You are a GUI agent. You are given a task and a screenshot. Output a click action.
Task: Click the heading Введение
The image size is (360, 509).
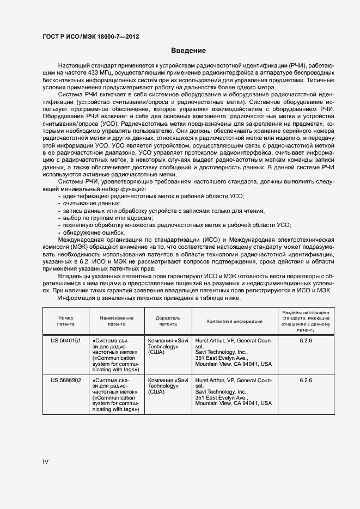coord(188,51)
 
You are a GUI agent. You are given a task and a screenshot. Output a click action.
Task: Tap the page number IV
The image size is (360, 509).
coord(46,462)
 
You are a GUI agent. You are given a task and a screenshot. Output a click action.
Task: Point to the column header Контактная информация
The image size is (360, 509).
coord(235,321)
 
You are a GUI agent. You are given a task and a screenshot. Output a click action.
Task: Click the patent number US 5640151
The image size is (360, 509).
coord(65,340)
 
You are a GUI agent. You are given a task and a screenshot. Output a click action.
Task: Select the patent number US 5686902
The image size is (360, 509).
coord(65,380)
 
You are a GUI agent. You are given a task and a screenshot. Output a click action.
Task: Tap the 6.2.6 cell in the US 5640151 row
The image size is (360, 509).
coord(306,340)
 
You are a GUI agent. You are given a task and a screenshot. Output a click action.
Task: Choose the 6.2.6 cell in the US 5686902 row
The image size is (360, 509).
coord(306,380)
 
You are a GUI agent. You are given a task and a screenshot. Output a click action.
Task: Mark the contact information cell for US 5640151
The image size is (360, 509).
coord(234,352)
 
